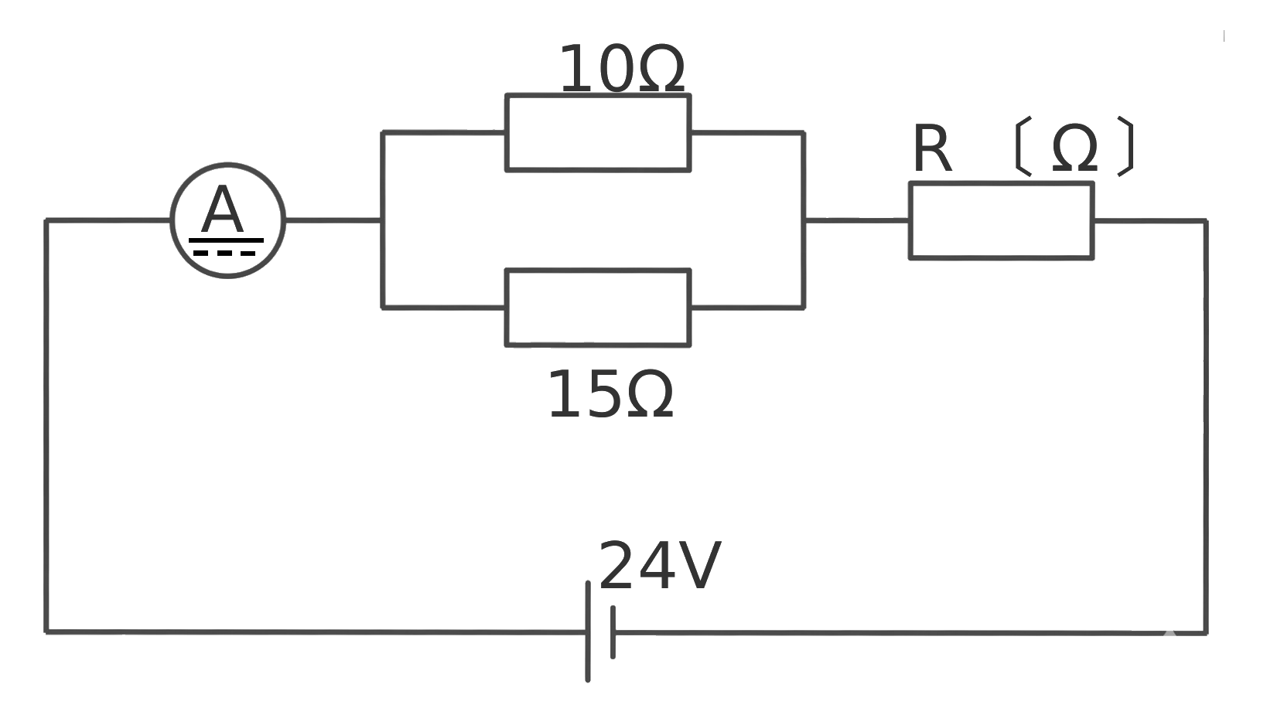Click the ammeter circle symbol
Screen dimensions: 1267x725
228,165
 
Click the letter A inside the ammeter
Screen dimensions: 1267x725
222,209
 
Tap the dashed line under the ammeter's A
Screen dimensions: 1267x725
224,254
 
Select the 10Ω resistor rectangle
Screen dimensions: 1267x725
598,95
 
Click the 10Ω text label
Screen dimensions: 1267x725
622,68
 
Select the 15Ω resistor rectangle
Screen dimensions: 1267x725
598,271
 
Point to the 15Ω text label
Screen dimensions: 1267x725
610,394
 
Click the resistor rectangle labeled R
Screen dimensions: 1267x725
1001,183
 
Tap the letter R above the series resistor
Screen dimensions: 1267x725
931,148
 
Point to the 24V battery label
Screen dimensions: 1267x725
660,565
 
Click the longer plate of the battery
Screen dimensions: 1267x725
588,631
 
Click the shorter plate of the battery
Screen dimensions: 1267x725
613,632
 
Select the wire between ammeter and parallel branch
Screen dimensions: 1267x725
333,220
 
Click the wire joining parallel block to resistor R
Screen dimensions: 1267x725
856,220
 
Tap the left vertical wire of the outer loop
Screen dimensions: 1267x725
46,426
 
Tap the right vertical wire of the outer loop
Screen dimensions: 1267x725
1206,427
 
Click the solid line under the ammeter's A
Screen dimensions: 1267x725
226,240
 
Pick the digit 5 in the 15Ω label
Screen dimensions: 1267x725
603,394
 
